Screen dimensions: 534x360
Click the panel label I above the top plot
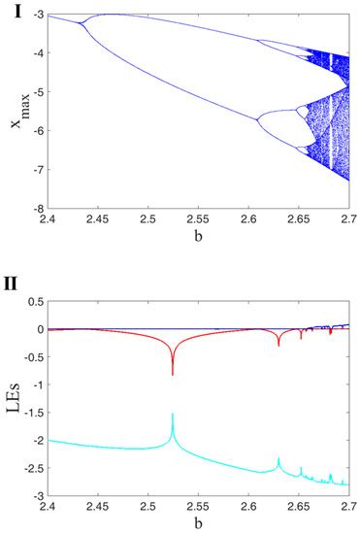[8, 9]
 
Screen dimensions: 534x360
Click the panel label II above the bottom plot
[11, 288]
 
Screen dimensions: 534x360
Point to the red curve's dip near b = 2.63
[278, 345]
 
